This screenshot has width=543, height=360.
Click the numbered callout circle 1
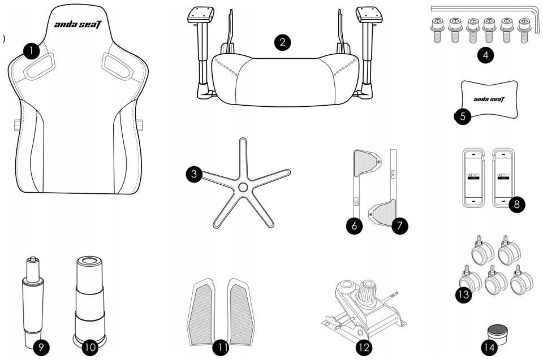(32, 51)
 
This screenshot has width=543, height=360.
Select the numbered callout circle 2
(282, 42)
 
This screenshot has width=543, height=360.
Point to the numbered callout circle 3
(194, 174)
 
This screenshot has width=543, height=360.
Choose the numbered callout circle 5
(463, 116)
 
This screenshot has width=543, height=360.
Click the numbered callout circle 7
(399, 225)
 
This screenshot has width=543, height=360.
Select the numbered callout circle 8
(516, 204)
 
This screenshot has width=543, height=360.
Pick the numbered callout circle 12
(364, 347)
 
